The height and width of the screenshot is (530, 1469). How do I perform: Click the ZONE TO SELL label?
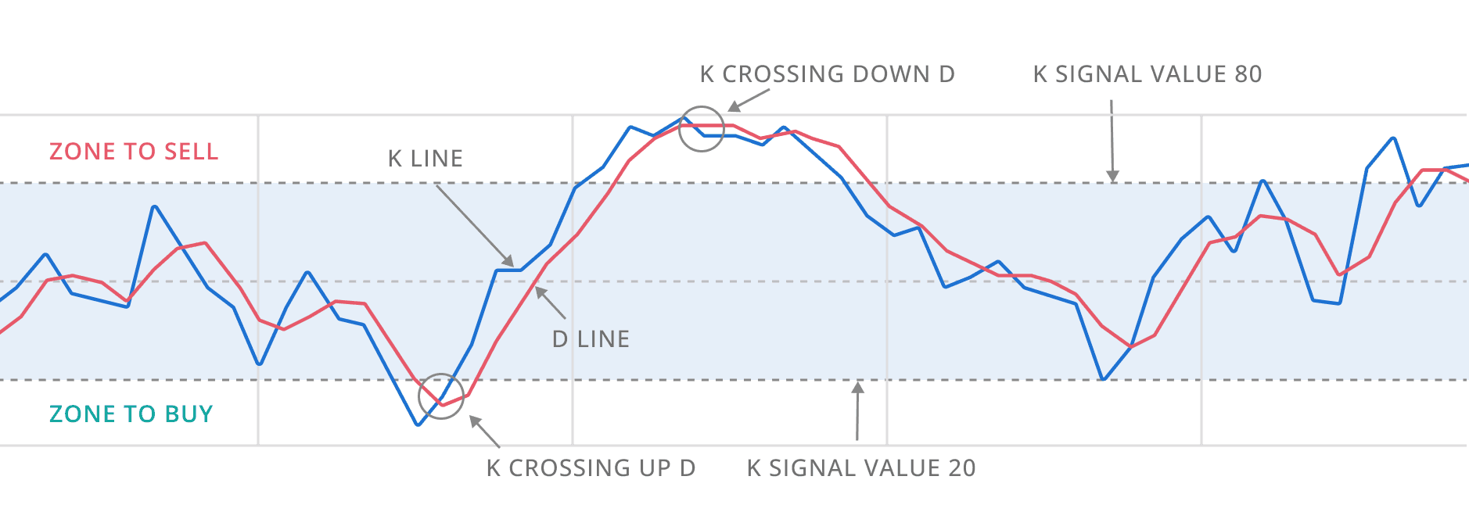[133, 151]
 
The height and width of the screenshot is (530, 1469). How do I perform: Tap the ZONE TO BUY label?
[131, 414]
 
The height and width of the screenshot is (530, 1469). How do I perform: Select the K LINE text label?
[425, 159]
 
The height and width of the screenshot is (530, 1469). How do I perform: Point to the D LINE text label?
[591, 339]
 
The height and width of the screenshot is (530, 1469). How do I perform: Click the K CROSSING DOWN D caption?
[827, 74]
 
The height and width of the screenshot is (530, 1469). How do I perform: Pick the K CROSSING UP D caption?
[591, 468]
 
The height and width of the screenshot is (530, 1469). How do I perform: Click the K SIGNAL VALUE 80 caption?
[1147, 74]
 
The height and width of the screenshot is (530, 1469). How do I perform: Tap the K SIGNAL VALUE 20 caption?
[860, 468]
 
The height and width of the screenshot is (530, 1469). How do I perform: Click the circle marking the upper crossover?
[702, 129]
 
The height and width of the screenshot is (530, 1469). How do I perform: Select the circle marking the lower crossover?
[441, 396]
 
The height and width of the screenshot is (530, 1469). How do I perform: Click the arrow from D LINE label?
[550, 303]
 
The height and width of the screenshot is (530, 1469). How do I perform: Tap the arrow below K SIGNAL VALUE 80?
[1112, 141]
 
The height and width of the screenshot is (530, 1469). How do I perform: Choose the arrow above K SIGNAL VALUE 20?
[857, 410]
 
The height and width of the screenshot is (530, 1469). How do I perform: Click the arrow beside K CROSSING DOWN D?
[749, 99]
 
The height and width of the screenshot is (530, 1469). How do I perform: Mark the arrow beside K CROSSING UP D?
[483, 431]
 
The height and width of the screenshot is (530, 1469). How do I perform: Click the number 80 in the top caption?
[1248, 74]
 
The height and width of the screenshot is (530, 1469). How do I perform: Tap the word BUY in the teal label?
[188, 414]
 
